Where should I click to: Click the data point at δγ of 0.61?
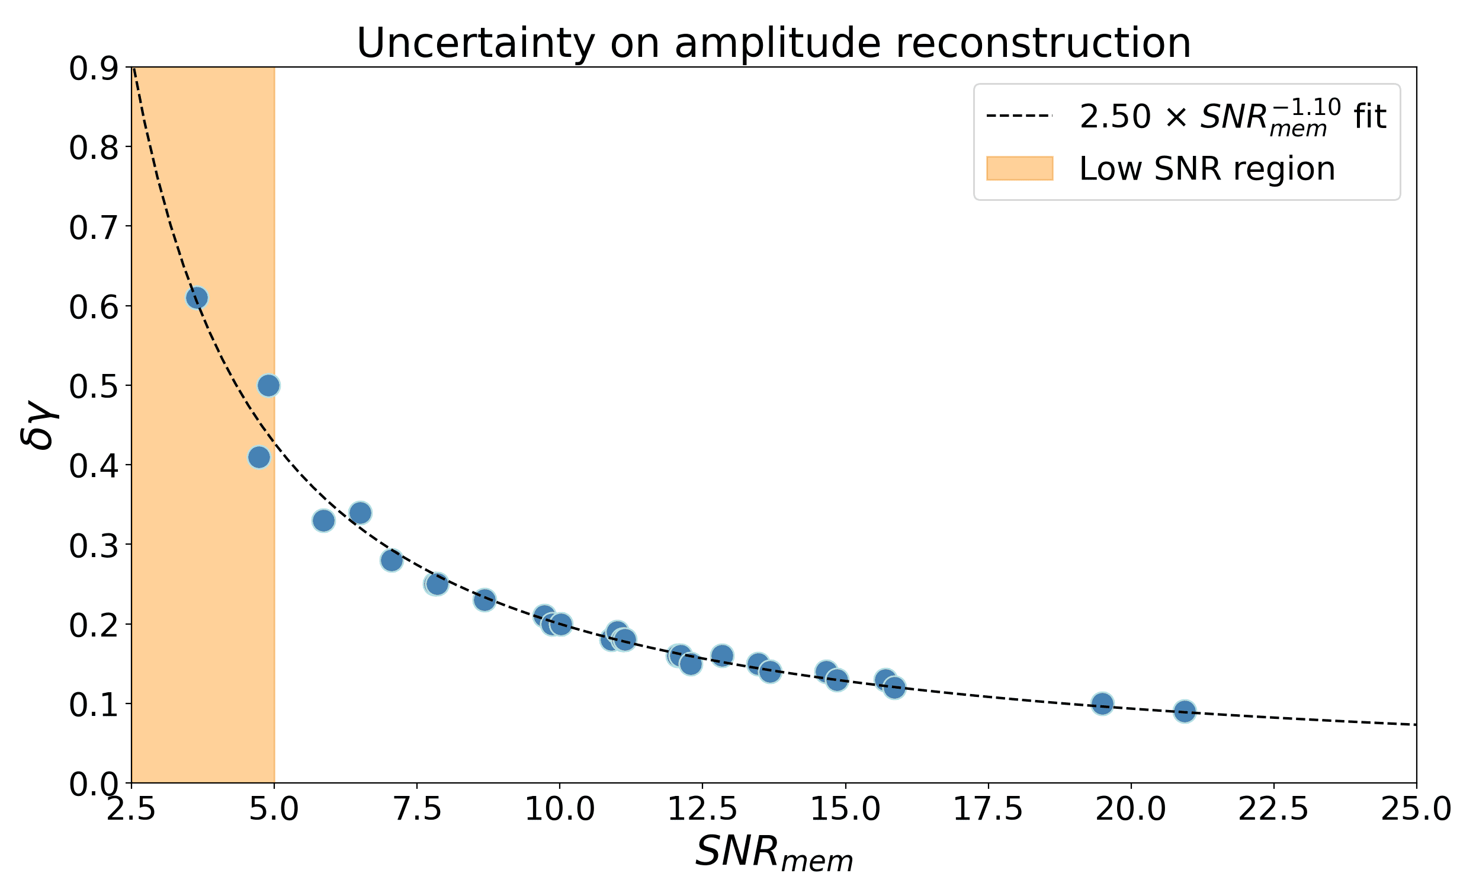(197, 298)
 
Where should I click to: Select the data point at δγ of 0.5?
(269, 385)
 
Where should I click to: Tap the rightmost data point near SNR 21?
(1184, 712)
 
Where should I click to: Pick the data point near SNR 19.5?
(1102, 703)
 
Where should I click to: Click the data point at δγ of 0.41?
(259, 458)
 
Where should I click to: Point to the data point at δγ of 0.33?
(323, 521)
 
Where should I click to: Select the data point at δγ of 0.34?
(360, 513)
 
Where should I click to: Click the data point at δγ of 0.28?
(392, 561)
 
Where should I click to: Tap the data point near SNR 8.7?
(485, 600)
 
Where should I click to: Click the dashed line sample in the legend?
(1019, 116)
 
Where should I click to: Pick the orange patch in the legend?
(1019, 168)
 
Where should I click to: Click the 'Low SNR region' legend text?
(1207, 169)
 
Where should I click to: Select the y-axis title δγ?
(40, 424)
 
